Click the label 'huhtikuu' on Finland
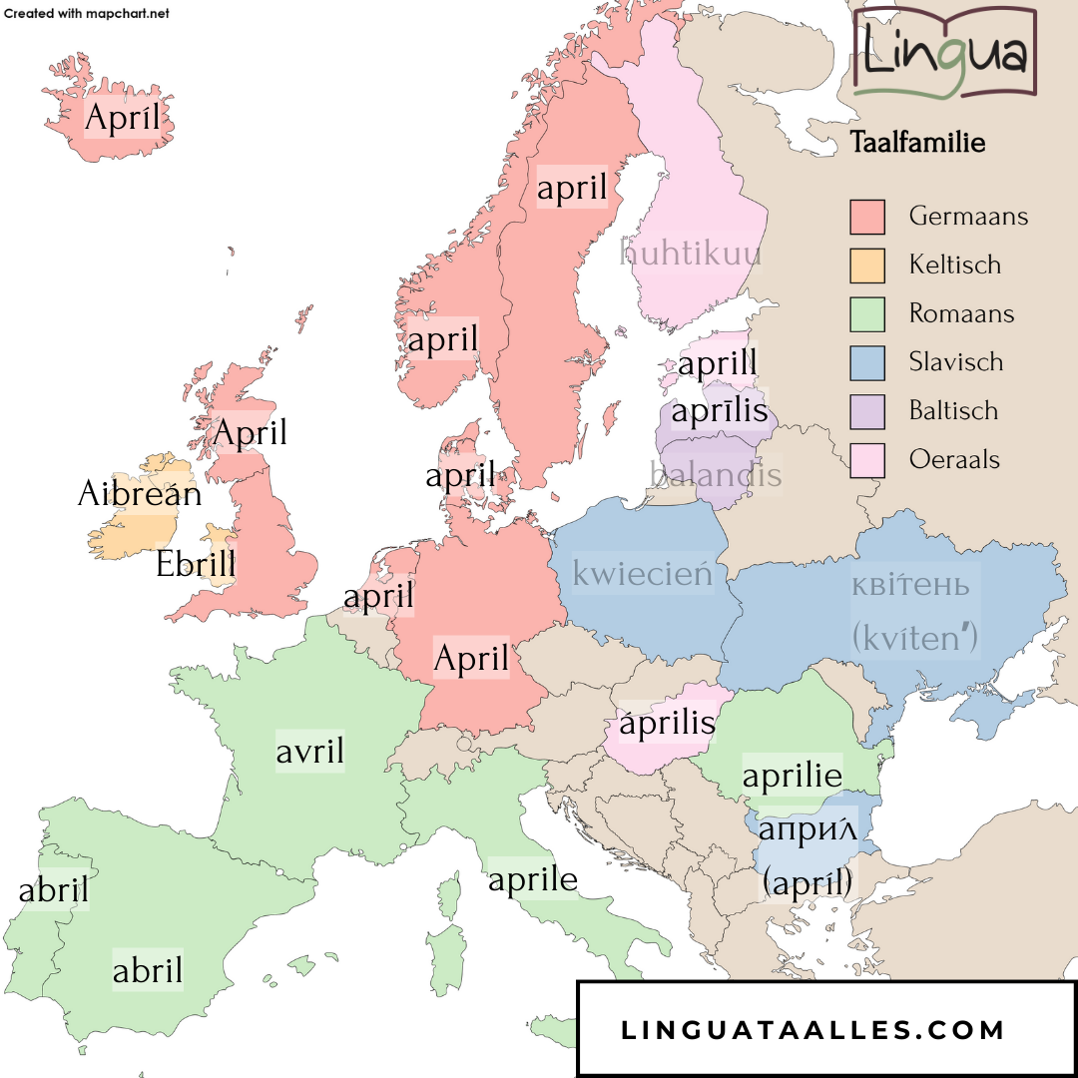[691, 252]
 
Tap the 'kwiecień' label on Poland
[643, 574]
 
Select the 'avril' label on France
[309, 751]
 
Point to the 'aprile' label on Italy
[533, 879]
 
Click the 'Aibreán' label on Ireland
[140, 493]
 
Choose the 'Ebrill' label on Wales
[197, 564]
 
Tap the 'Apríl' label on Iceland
[123, 118]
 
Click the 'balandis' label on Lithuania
[716, 474]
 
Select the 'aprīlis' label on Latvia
[720, 410]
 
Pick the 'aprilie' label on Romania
[793, 776]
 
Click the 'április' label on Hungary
[668, 724]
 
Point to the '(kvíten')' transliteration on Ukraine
[914, 637]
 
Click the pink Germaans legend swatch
[867, 217]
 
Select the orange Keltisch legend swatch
[867, 266]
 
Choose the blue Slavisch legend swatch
[867, 362]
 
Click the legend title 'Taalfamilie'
[917, 143]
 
